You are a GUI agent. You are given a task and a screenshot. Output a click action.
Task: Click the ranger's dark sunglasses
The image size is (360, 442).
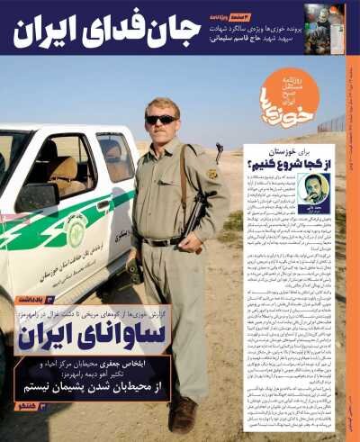click(162, 119)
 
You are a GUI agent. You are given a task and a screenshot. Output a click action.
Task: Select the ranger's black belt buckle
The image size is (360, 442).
click(162, 241)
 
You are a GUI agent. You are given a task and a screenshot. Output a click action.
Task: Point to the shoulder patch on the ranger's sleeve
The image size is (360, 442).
click(212, 174)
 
